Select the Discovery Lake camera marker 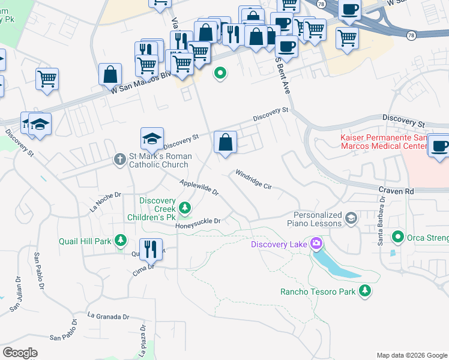[x=316, y=244]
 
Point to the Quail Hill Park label [x=85, y=241]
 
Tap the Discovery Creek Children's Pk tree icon [x=185, y=208]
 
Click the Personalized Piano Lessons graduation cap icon [x=351, y=219]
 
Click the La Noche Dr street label [x=105, y=202]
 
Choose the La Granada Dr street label [x=108, y=316]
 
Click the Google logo [x=20, y=353]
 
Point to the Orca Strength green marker [x=397, y=238]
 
